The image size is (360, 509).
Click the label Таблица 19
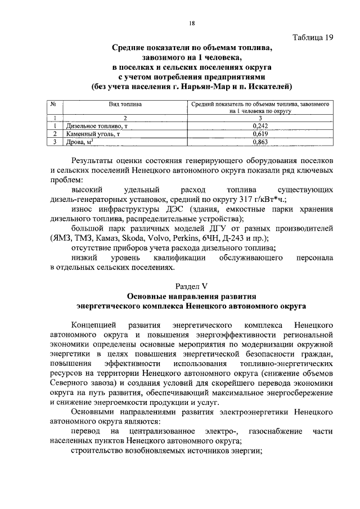coord(314,38)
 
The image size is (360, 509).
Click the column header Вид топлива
coord(125,105)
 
